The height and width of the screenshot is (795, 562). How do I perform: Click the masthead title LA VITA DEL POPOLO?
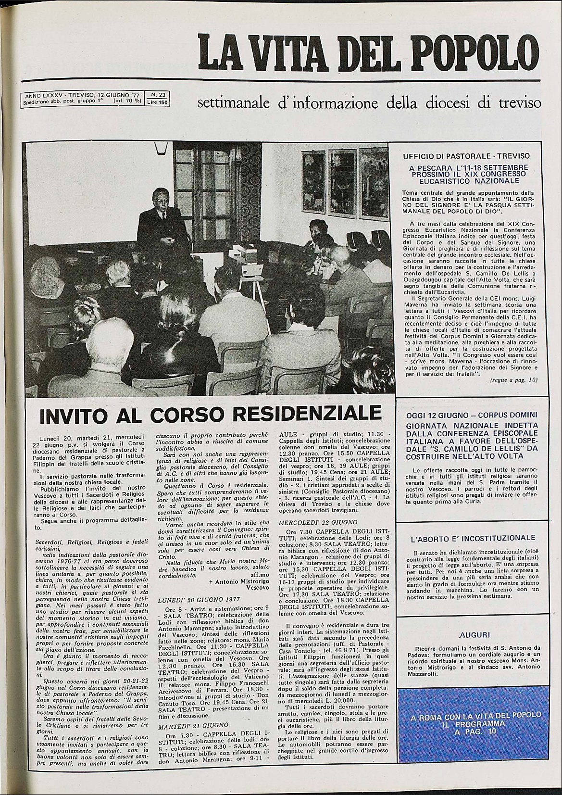(x=369, y=51)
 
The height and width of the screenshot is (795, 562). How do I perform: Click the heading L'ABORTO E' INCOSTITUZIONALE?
(x=473, y=538)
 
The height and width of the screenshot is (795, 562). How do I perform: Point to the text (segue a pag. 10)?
(x=513, y=380)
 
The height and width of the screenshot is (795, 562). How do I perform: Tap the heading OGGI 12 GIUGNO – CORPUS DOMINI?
(x=472, y=415)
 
